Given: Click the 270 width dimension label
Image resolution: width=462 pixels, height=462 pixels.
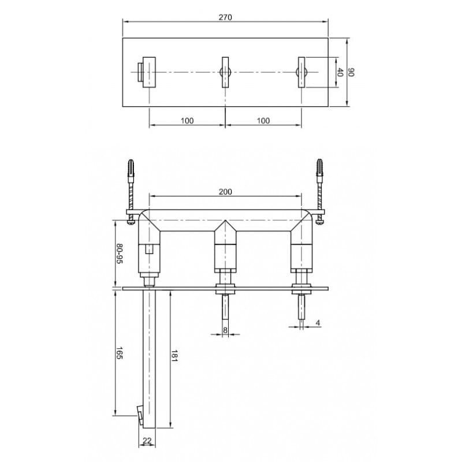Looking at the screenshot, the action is tap(225, 17).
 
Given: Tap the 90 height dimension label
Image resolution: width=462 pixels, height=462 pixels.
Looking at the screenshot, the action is tap(351, 72).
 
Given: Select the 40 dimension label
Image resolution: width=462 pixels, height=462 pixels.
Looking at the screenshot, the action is tap(340, 72).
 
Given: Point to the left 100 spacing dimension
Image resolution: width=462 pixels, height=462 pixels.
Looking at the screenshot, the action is tap(187, 121).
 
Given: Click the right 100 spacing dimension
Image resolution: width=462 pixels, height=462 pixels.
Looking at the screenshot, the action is tap(263, 121).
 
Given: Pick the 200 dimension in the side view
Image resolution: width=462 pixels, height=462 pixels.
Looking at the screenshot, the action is tap(225, 192).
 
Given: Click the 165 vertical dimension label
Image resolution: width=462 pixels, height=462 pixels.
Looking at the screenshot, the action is tap(120, 353).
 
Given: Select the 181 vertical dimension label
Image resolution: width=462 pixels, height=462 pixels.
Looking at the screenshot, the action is tap(174, 356).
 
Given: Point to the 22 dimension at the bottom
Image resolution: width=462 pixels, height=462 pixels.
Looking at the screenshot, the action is tap(147, 441).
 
